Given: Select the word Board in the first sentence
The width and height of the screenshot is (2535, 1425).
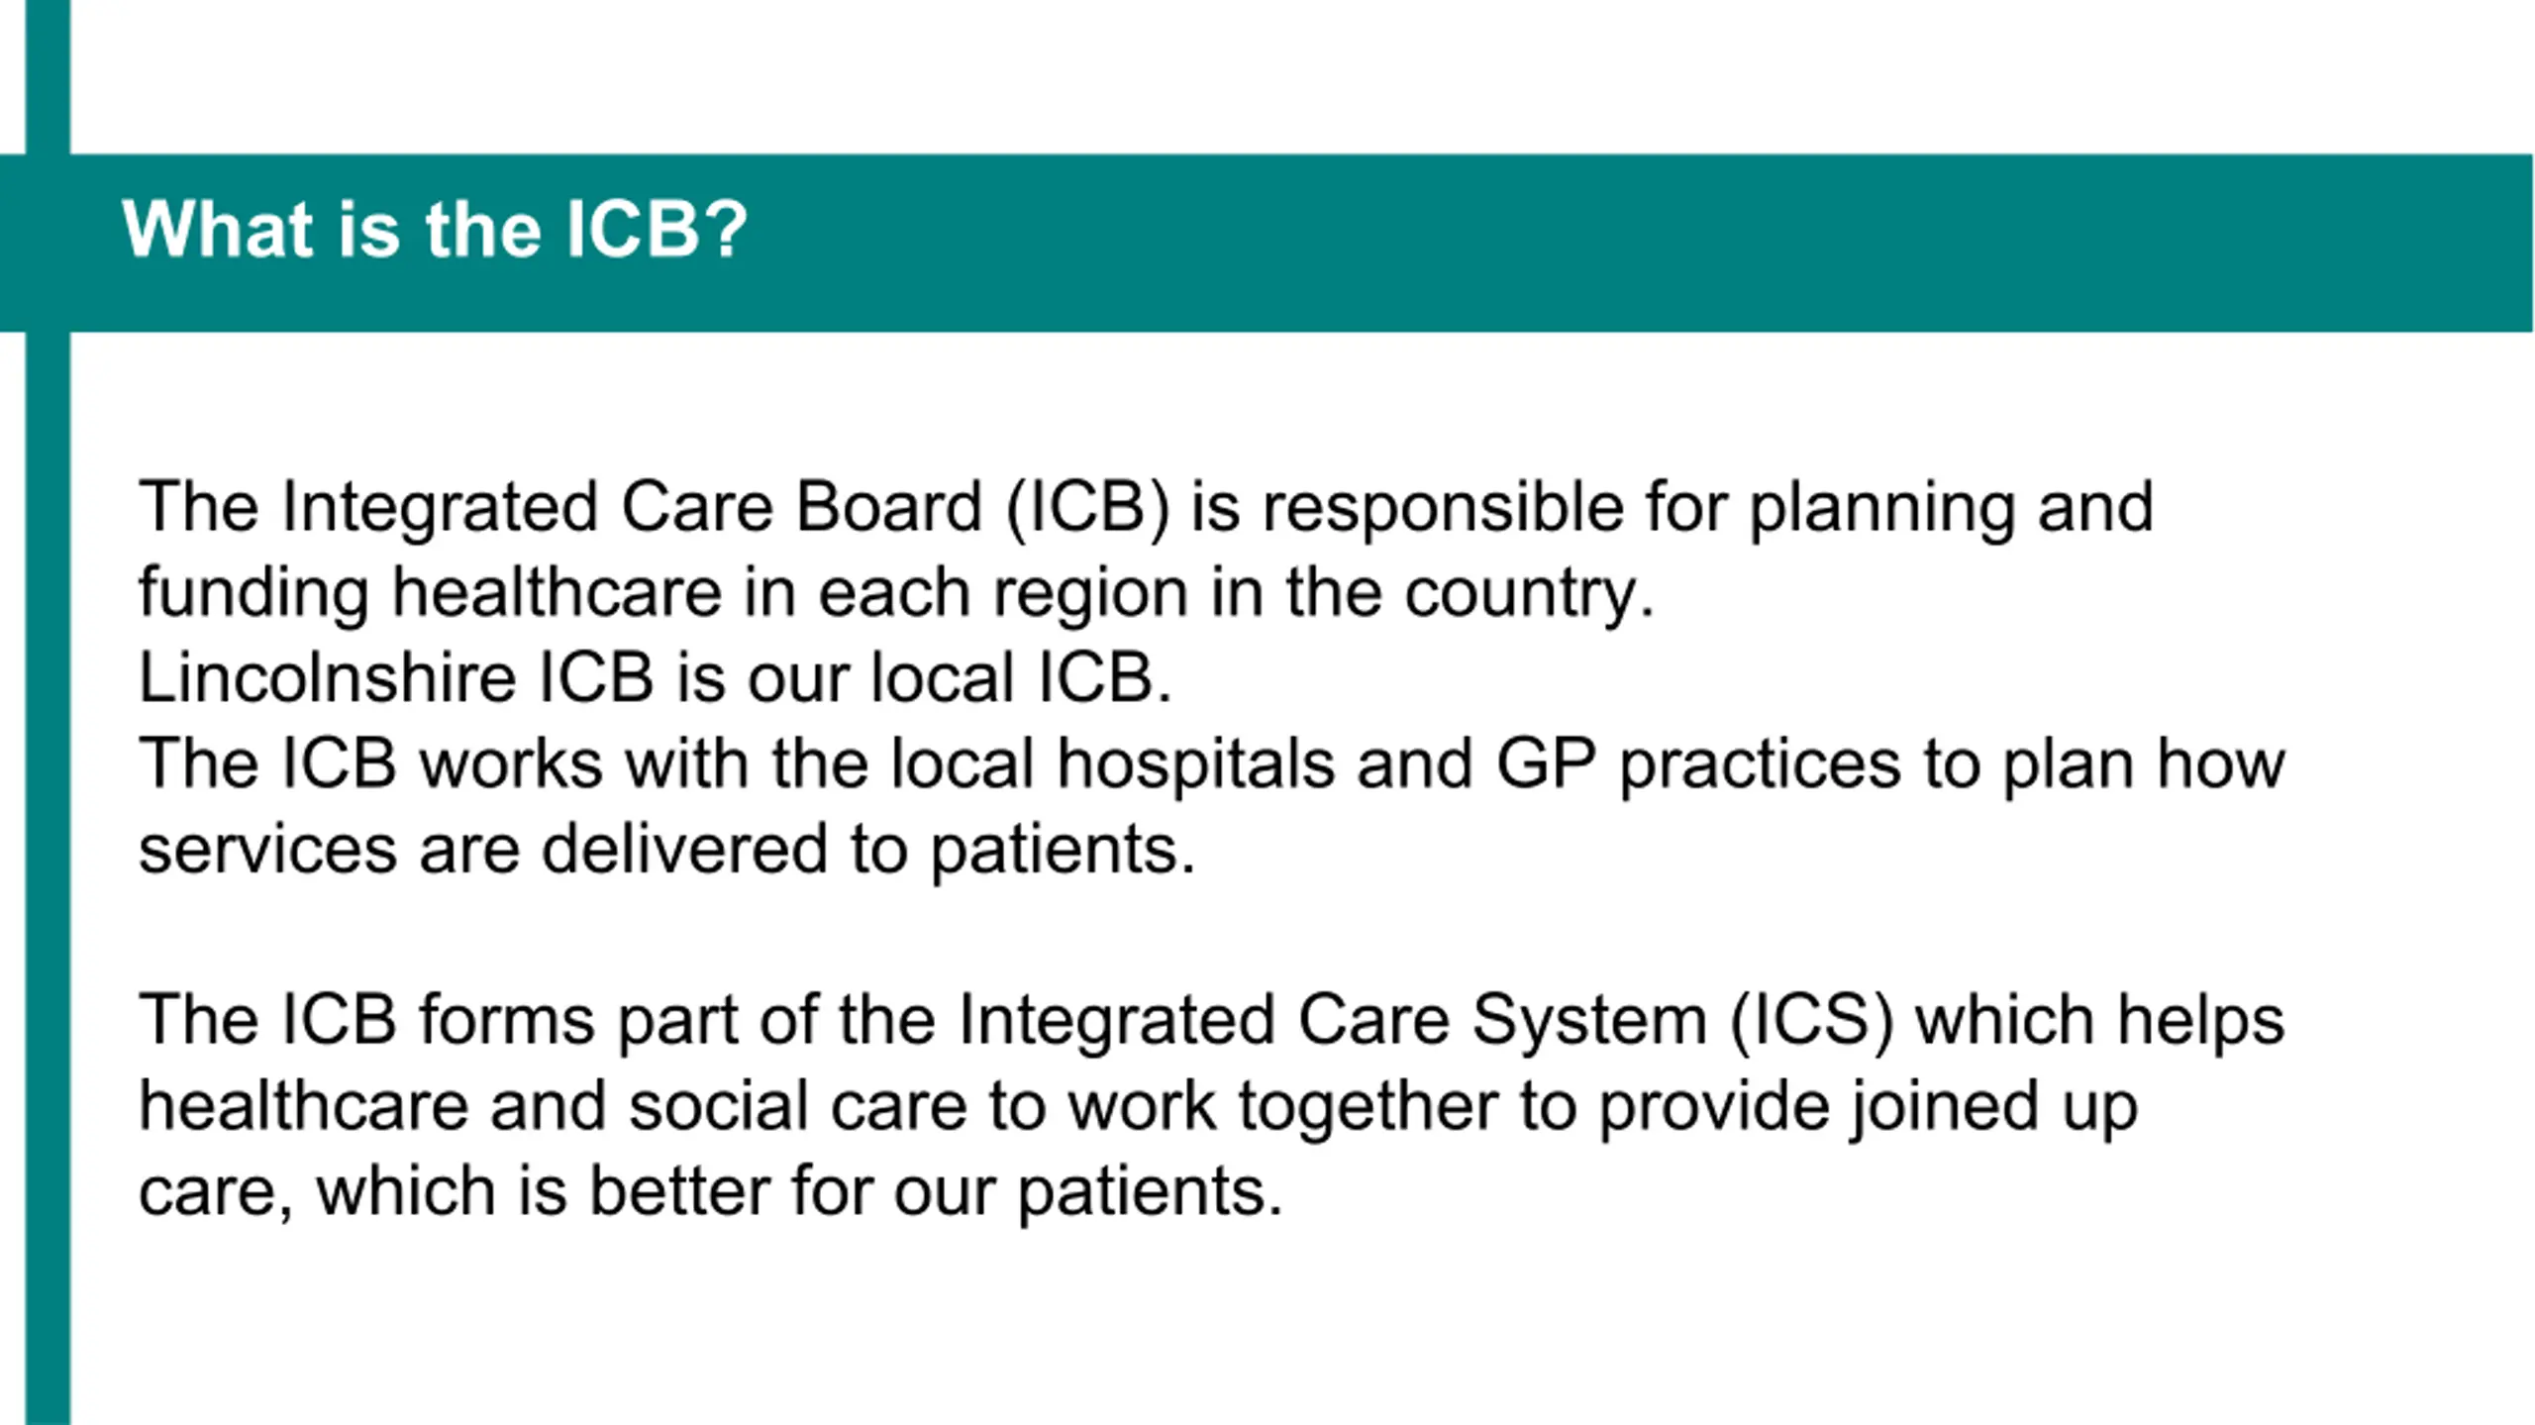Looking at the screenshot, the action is point(888,507).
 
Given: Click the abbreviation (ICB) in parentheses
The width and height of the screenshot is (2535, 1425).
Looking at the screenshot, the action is point(1087,509).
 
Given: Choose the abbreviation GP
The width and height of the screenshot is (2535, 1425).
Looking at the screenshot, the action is point(1546,763).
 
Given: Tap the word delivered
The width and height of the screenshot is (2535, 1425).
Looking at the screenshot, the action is point(684,849).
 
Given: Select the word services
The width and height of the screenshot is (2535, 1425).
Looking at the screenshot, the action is point(267,849).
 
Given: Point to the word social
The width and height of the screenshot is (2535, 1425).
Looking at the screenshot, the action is point(718,1105).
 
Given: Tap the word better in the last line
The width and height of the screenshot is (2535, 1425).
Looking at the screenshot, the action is point(679,1190).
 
